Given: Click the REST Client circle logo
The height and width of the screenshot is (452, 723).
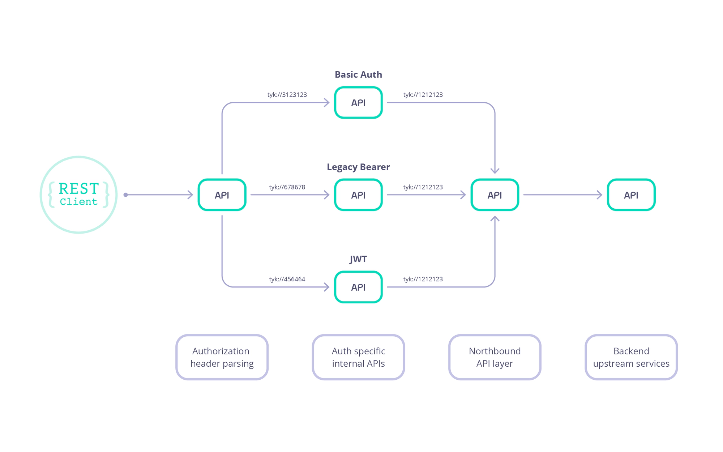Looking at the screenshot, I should coord(78,195).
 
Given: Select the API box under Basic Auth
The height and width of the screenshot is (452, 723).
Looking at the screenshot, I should coord(358,103).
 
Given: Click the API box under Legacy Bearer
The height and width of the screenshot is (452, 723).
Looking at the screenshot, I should coord(358,195).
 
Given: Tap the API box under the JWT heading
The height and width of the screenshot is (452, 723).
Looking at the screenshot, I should coord(358,287).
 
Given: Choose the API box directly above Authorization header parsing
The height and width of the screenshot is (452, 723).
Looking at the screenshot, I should coord(222,195).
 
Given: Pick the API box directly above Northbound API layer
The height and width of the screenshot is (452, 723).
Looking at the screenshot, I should coord(495,195).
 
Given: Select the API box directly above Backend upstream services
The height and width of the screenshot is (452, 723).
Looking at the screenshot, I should coord(631,195).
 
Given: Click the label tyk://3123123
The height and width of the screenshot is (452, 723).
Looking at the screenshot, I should coord(287,95).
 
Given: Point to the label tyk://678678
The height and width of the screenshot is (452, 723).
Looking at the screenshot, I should coord(287,187).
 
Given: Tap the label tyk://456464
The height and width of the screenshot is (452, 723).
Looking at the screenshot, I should coord(287,279).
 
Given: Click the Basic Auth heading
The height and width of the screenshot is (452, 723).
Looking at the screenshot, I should coord(358,74).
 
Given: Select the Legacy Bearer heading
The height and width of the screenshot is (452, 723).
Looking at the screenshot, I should coord(358,167).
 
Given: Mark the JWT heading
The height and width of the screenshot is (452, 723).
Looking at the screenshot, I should coord(358,259).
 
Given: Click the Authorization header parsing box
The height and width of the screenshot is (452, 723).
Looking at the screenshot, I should coord(222,357).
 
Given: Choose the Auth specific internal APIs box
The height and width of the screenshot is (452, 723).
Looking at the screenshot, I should coord(358,357).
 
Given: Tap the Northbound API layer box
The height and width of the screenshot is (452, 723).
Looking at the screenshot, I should coord(495,357).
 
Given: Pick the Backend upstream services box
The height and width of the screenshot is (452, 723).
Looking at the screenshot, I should coord(631,357).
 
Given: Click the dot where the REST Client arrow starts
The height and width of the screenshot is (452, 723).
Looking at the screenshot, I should coord(126,195).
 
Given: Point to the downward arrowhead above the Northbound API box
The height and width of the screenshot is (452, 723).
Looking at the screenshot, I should coord(495,170).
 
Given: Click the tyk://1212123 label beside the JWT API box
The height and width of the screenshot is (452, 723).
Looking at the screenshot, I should coord(423,279).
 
